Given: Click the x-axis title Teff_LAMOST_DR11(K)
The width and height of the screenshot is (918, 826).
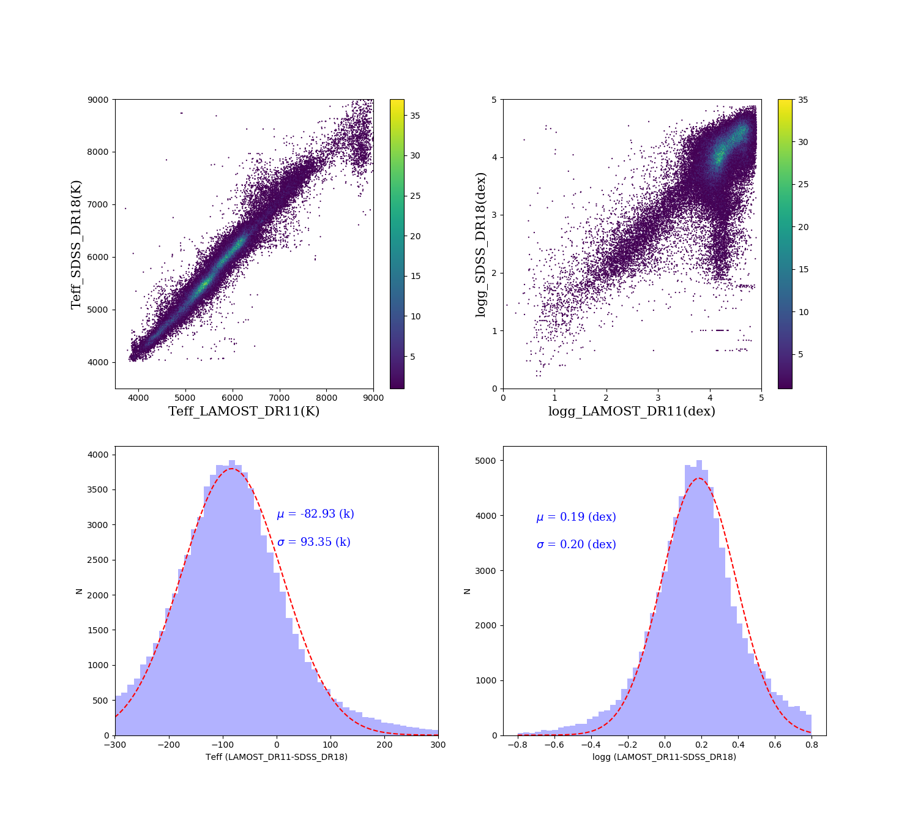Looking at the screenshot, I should pos(244,411).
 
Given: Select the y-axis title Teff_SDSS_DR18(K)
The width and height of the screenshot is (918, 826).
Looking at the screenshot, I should pos(76,244).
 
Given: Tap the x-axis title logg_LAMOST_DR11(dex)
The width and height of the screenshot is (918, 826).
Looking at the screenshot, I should pos(632,411).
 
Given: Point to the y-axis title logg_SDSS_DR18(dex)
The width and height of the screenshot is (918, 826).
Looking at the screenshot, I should pos(480,244).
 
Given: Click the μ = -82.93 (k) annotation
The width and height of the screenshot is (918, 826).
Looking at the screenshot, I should pos(315,514).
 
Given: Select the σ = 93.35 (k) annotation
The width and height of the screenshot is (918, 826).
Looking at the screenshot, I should pos(313,542).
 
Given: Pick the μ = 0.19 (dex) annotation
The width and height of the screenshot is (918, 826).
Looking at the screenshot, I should pos(576,517).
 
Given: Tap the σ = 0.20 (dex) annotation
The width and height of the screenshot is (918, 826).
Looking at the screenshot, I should pos(576,545).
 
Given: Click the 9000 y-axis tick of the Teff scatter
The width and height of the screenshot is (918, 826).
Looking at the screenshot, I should pos(98,100).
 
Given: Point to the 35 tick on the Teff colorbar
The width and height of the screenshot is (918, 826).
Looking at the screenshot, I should pos(415,116).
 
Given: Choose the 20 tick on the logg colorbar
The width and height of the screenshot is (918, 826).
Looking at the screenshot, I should pos(803,227).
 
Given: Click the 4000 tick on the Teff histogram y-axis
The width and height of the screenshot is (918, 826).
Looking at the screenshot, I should pos(98,455).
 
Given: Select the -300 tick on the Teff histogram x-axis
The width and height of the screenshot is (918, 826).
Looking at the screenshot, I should pos(115,745).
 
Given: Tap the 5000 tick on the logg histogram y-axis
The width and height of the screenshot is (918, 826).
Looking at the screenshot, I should pos(486,460).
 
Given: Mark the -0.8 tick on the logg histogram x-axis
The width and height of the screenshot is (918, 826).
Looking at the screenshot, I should pos(517,745).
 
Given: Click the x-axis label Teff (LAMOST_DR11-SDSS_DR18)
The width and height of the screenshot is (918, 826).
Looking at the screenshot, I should pos(277,757).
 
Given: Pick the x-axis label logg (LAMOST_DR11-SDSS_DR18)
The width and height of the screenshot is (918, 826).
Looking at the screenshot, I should pos(664,757).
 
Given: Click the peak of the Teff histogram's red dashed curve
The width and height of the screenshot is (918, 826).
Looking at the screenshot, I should pos(231,469).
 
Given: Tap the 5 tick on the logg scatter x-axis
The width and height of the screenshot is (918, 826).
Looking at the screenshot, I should pos(761,398).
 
